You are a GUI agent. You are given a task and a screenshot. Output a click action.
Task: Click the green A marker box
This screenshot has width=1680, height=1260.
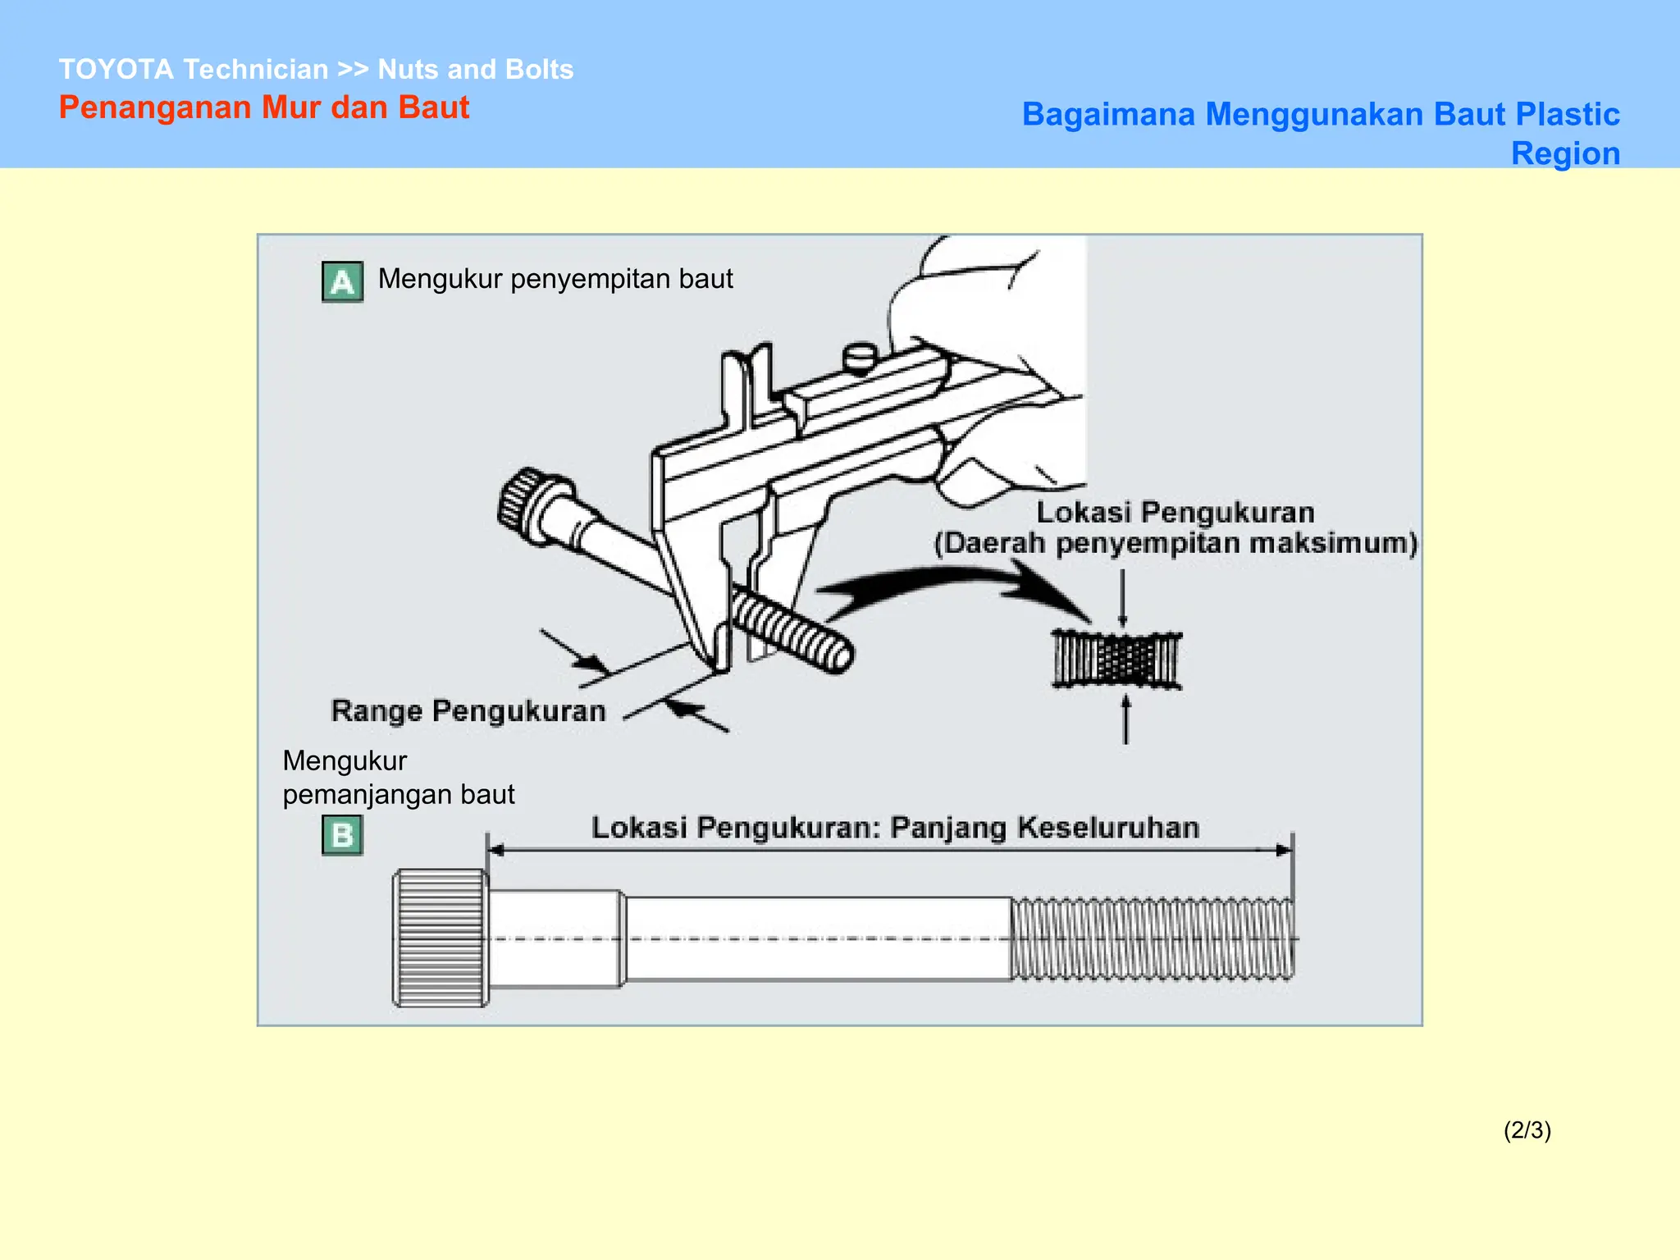(x=342, y=282)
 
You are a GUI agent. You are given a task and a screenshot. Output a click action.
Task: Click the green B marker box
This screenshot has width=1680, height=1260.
(x=342, y=835)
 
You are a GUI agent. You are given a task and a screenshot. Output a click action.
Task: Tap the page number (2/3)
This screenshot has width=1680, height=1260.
(x=1527, y=1130)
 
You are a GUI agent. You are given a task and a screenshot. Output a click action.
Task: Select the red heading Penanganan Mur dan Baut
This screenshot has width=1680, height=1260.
(x=263, y=107)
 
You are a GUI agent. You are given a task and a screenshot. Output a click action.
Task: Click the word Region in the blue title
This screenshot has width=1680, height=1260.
(x=1565, y=153)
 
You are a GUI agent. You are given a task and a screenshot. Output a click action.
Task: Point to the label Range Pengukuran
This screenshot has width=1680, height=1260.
(x=468, y=710)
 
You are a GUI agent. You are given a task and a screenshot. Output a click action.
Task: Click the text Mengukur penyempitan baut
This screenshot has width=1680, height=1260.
(x=555, y=279)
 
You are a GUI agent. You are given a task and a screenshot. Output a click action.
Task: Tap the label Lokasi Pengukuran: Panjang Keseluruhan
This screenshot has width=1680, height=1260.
(x=895, y=828)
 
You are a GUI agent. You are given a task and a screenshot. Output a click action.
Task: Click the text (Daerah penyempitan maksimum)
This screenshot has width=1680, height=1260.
(x=1176, y=543)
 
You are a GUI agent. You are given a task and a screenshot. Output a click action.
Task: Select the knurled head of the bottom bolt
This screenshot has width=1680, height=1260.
(x=441, y=938)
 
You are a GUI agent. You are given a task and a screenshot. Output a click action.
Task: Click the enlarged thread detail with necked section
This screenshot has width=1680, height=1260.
(x=1117, y=660)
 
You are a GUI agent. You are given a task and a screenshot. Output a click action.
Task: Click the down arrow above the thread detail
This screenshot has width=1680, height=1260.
(x=1122, y=599)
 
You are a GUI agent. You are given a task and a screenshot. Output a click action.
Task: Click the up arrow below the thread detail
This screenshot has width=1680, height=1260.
(x=1125, y=719)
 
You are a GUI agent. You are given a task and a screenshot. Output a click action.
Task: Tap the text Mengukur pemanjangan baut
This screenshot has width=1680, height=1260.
(x=398, y=778)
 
